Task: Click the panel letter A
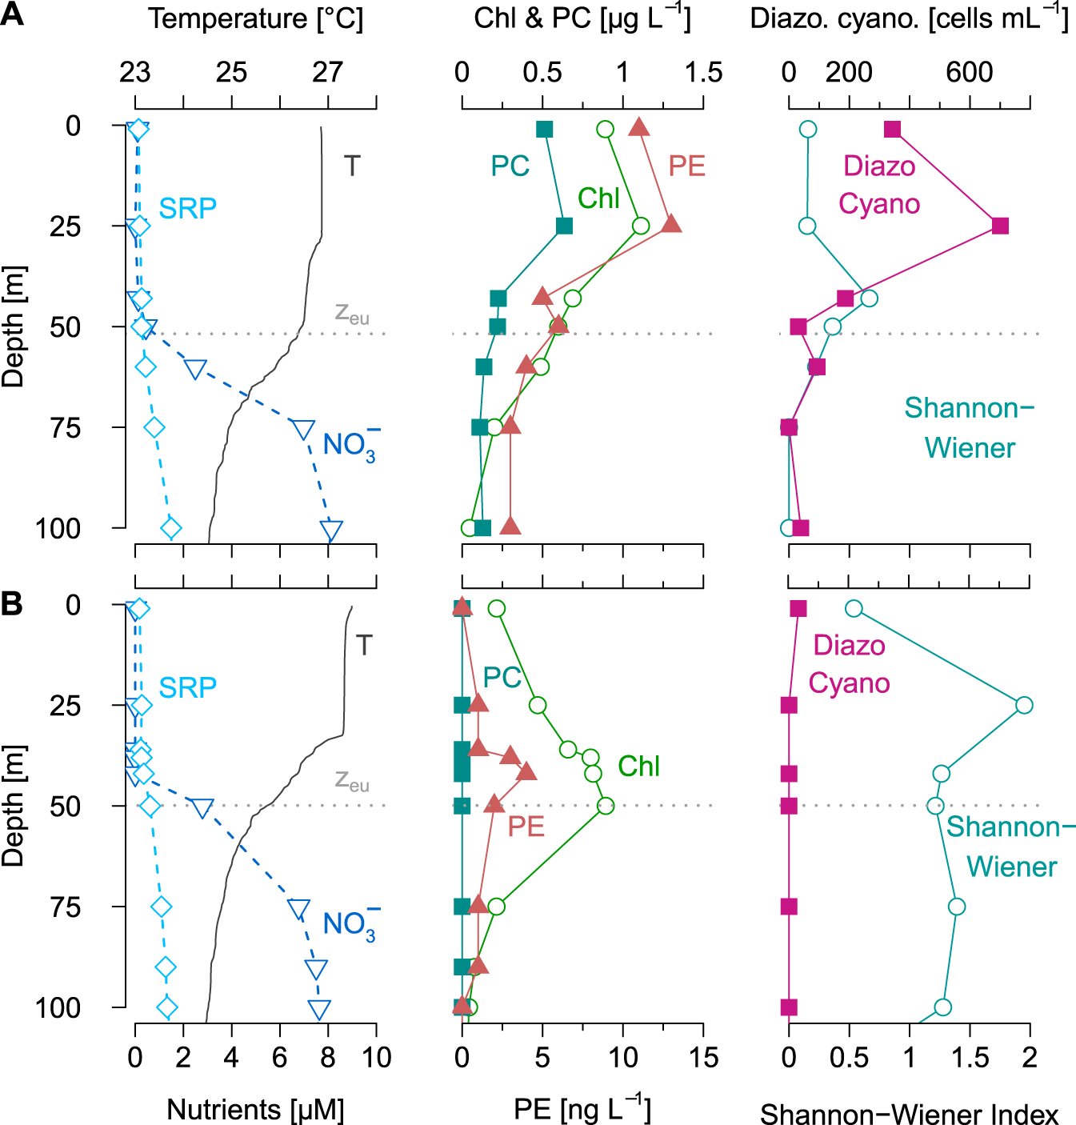tap(12, 15)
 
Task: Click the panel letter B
tap(12, 603)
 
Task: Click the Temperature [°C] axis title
tap(255, 18)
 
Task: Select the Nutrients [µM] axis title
tap(255, 1109)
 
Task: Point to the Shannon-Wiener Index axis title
tap(909, 1114)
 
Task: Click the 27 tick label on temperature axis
tap(327, 73)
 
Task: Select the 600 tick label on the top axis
tap(969, 73)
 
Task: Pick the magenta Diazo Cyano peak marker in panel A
tap(999, 226)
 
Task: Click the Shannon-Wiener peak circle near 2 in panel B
tap(1023, 705)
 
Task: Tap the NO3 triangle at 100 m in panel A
tap(331, 530)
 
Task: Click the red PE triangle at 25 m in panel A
tap(671, 224)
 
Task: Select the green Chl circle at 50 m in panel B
tap(606, 806)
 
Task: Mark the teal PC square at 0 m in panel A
tap(544, 130)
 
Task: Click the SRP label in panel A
tap(187, 208)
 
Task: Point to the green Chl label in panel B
tap(638, 766)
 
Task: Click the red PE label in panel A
tap(686, 166)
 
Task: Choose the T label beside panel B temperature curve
tap(364, 645)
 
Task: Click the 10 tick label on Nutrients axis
tap(376, 1058)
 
